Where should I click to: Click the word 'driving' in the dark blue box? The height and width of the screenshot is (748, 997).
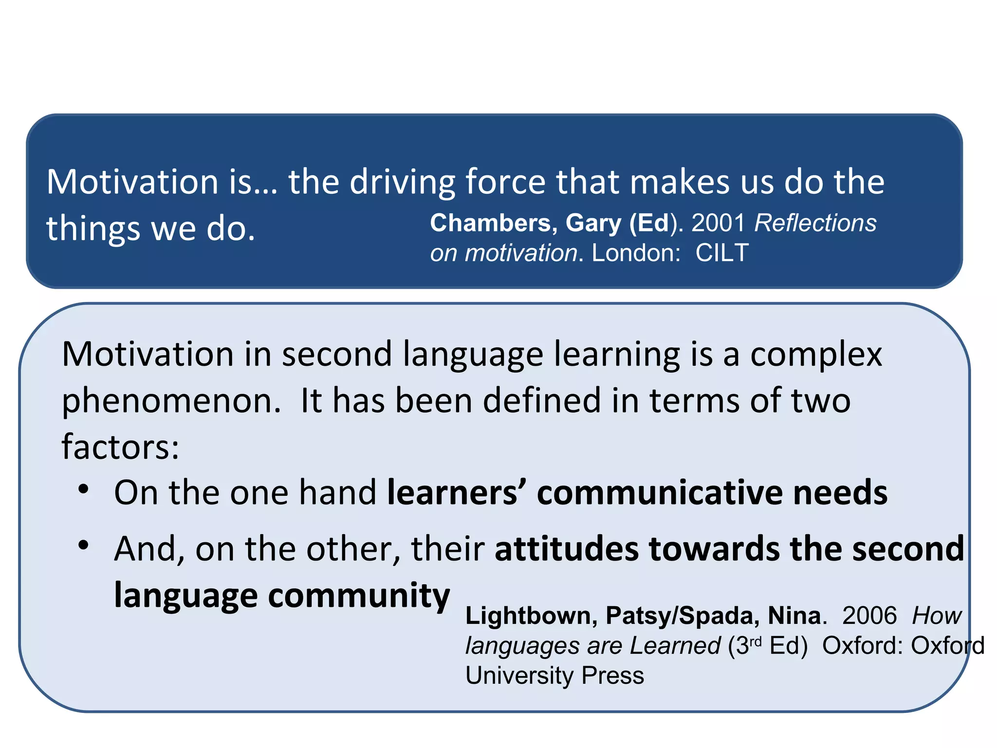(x=402, y=183)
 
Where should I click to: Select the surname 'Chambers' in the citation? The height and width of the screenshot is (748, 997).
(x=490, y=223)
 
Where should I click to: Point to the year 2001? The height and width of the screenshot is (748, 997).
(x=719, y=223)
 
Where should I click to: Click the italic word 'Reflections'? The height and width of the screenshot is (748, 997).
(x=815, y=223)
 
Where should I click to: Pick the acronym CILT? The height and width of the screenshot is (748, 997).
(x=722, y=253)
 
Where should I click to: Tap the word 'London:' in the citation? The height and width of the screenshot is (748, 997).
(x=636, y=253)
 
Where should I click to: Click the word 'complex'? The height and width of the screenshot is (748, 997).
(x=816, y=355)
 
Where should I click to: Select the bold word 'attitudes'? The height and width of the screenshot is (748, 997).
(x=566, y=549)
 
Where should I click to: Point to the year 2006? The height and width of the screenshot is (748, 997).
(x=869, y=616)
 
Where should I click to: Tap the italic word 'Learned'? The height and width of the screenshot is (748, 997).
(x=675, y=646)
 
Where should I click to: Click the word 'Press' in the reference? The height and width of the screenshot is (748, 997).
(x=613, y=676)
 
